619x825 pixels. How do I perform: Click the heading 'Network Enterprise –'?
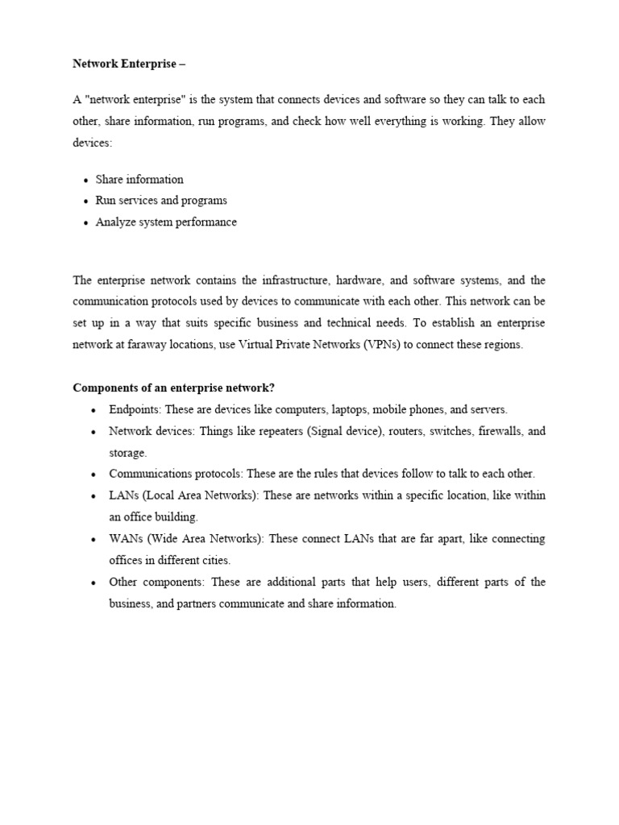[x=129, y=63]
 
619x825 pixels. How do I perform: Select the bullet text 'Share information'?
[x=139, y=180]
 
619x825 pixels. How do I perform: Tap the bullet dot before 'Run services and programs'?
[x=85, y=201]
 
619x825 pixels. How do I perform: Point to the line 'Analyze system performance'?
[x=166, y=222]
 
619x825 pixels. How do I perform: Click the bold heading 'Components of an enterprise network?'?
[x=174, y=388]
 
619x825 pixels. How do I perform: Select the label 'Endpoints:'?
[x=135, y=409]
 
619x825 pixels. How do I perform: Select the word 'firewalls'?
[x=500, y=431]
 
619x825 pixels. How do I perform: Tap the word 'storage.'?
[x=128, y=453]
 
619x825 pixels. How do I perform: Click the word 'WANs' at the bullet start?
[x=123, y=538]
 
